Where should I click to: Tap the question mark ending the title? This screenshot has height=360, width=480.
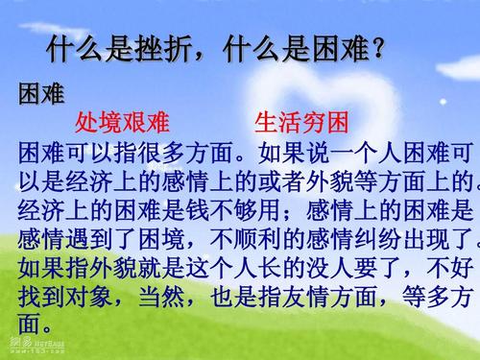(377, 48)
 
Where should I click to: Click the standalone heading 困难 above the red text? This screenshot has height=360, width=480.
(41, 94)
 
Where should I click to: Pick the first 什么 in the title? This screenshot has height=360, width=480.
(76, 48)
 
